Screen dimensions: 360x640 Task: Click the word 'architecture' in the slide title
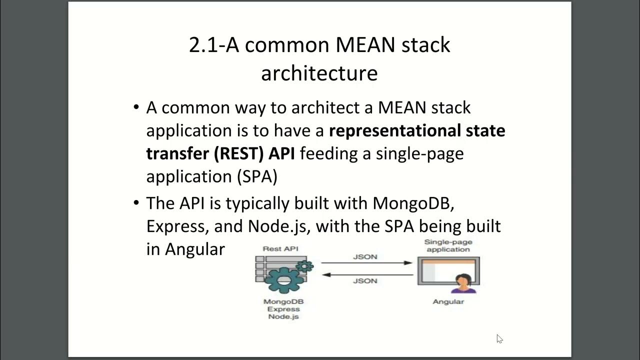click(319, 73)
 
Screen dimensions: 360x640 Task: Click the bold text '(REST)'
click(239, 153)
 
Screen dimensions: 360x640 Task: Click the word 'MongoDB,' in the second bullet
click(413, 203)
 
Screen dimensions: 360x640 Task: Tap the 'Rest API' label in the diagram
click(281, 248)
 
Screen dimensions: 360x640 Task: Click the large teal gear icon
click(283, 280)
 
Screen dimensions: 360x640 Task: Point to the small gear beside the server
click(304, 266)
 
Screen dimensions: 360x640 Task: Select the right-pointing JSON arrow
click(366, 262)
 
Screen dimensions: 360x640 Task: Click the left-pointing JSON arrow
click(366, 274)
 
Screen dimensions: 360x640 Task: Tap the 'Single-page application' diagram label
click(448, 245)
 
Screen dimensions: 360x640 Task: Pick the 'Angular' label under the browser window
click(448, 301)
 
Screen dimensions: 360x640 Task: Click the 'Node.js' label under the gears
click(283, 316)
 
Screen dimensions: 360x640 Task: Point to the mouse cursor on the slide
click(499, 338)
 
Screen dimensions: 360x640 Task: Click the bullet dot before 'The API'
click(136, 203)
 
